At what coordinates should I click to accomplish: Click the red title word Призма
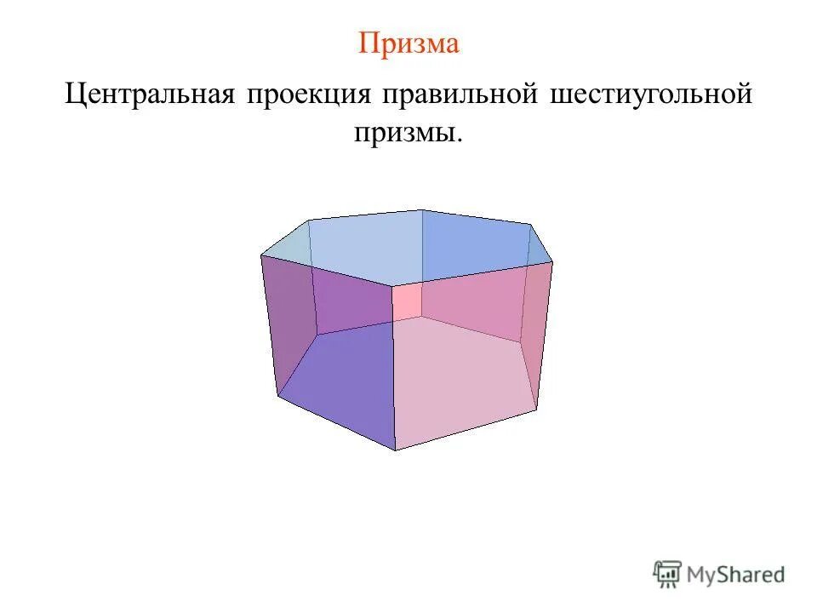(x=408, y=43)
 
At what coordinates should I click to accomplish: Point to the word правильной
(x=460, y=95)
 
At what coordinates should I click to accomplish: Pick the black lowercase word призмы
(x=408, y=133)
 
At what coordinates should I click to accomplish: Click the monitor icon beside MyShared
(x=668, y=574)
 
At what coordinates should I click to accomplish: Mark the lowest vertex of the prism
(x=396, y=450)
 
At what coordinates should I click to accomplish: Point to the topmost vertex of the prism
(x=422, y=209)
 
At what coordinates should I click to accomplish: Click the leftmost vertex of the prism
(x=260, y=255)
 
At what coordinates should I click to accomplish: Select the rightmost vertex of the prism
(x=552, y=262)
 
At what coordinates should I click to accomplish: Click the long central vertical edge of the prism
(x=393, y=366)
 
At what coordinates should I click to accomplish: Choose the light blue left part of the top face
(x=357, y=247)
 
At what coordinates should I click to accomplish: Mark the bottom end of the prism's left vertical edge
(x=277, y=396)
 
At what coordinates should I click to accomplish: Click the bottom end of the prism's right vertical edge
(x=537, y=410)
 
